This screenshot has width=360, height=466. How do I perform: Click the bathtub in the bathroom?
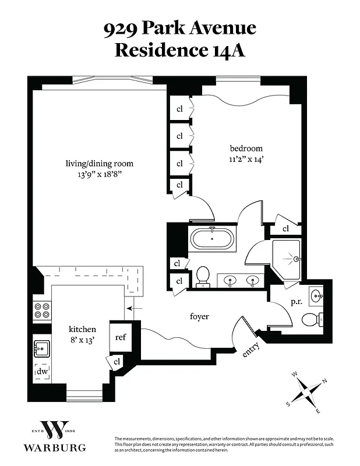coord(213,239)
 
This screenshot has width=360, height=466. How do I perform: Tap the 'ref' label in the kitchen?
coord(121,337)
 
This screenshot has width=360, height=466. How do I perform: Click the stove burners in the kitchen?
coord(42,310)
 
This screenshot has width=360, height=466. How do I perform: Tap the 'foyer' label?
coord(199,316)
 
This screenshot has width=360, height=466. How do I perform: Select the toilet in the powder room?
coord(310,319)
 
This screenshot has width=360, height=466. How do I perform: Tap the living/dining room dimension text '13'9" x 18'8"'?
coord(99,174)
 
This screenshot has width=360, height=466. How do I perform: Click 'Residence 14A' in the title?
coord(179,50)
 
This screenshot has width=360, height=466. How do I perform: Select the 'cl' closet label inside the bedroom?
coord(285,229)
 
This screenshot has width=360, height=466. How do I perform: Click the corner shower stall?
coord(287,259)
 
